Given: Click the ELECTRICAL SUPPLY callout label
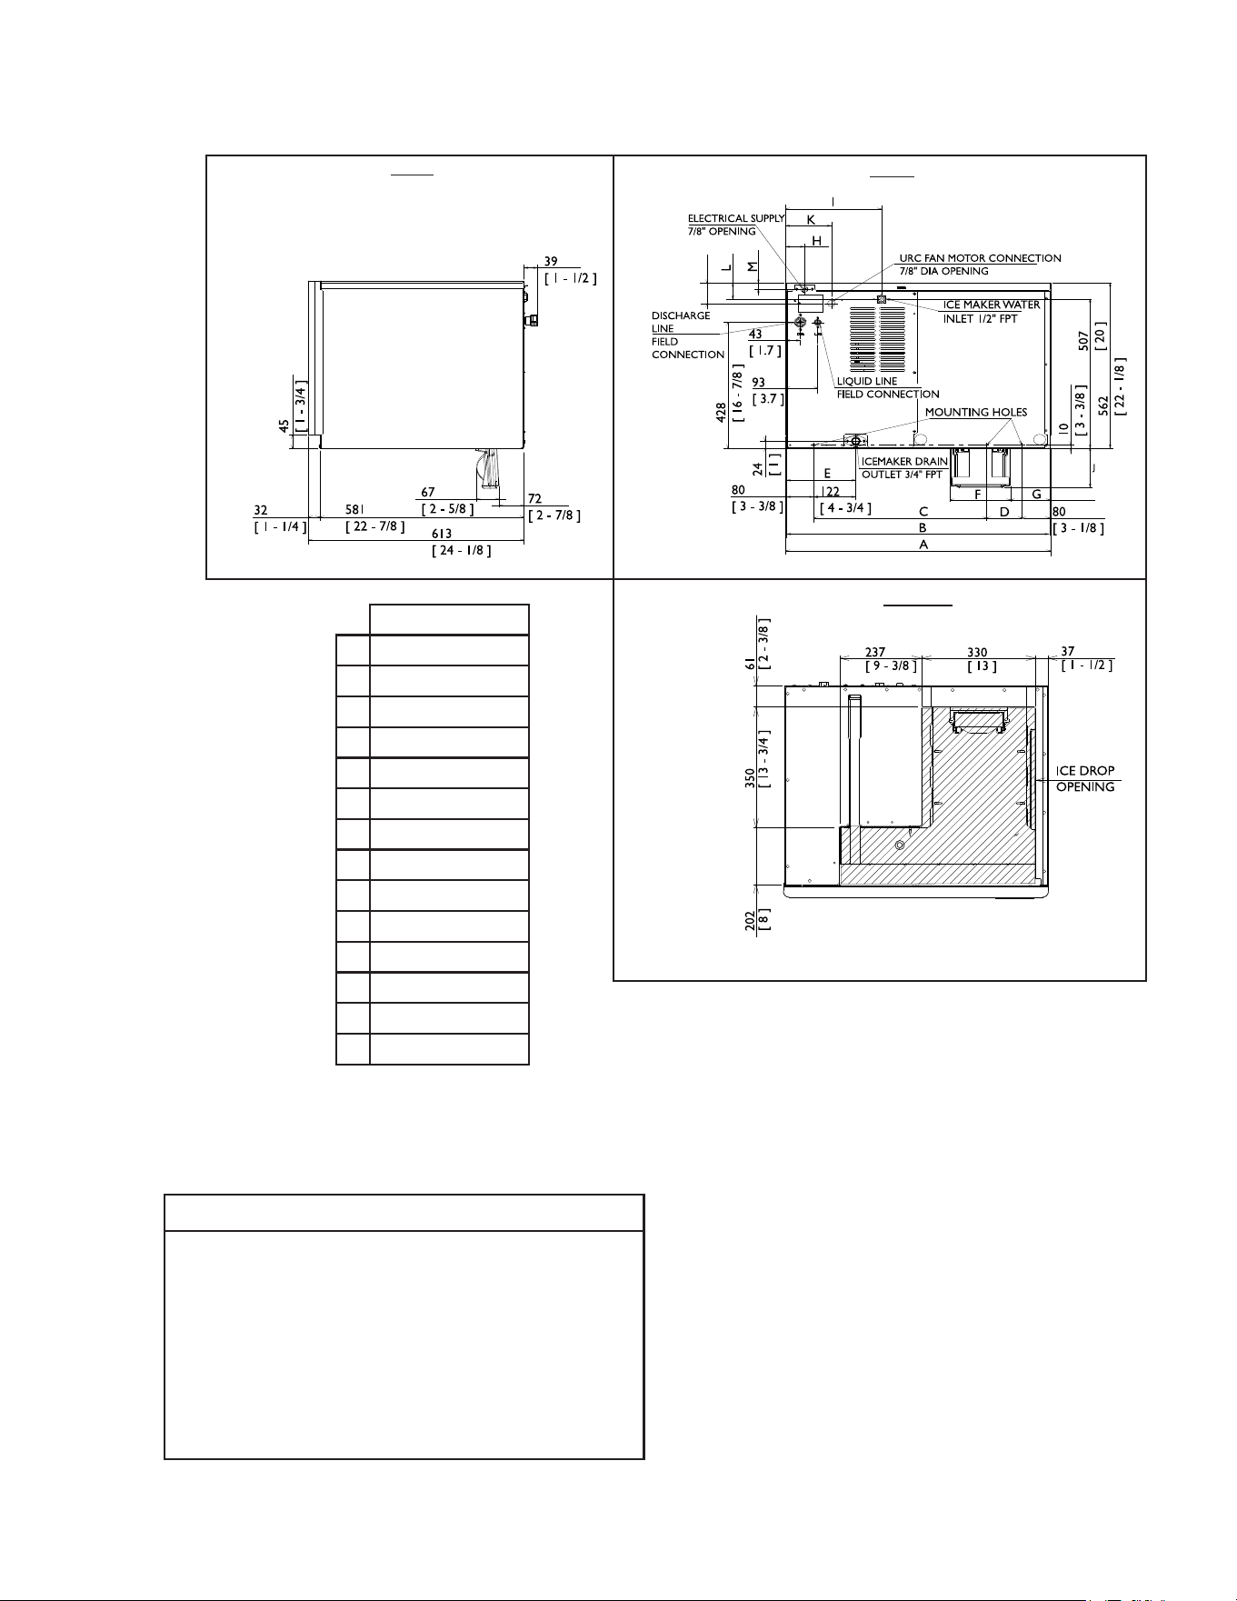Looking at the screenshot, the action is point(735,225).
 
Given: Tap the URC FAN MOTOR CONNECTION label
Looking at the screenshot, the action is point(980,265).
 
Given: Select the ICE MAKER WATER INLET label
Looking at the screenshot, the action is point(991,312).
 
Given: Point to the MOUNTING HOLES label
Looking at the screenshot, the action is point(976,412).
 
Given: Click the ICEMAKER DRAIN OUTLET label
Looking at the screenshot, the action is point(904,468).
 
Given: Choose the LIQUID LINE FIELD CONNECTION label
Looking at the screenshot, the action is point(888,387).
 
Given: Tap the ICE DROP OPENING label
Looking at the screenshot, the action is point(1085,779).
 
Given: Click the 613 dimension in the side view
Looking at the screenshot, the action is point(442,534).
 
